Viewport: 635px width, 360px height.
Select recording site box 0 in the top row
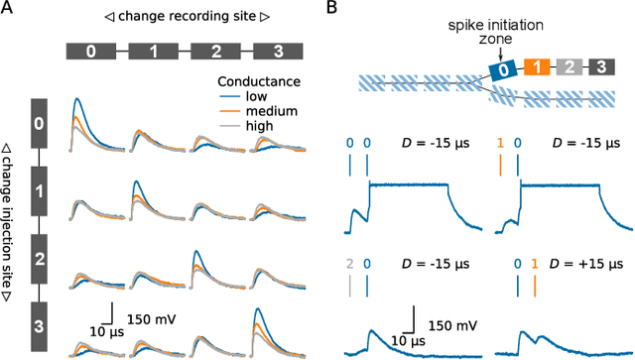coord(90,53)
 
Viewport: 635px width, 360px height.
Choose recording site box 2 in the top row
coord(215,53)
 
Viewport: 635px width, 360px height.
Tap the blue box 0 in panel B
coord(503,68)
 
